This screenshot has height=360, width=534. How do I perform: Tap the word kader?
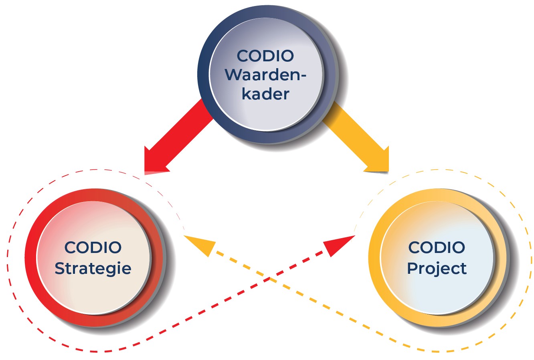coord(265,94)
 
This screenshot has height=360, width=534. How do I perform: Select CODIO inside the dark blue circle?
coord(265,56)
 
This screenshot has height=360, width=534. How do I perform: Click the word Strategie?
coord(93,268)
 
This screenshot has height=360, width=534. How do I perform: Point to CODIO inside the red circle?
coord(93,247)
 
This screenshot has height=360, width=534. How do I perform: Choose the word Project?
coord(437,268)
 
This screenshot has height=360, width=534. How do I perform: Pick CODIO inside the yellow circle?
coord(437,247)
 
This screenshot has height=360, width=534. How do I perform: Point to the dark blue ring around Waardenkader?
coord(204,76)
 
